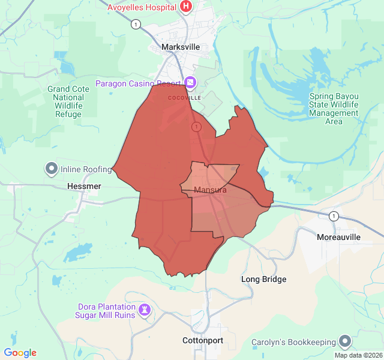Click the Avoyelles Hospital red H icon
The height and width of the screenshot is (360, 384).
(186, 7)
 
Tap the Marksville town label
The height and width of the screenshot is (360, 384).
(181, 47)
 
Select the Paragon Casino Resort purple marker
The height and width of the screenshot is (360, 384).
(190, 82)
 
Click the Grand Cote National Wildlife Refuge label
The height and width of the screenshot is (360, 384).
(68, 101)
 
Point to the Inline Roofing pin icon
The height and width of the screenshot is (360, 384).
(51, 169)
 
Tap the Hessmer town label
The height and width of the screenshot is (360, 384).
(84, 186)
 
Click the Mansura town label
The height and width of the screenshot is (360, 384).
(211, 190)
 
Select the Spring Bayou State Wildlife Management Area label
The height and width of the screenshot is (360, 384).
(334, 109)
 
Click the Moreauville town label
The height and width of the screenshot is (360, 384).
(338, 237)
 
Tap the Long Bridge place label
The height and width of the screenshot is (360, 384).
(263, 279)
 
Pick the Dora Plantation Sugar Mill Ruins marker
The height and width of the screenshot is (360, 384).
(145, 310)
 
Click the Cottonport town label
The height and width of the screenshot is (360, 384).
(203, 340)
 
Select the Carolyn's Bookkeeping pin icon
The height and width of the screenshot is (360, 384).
(345, 342)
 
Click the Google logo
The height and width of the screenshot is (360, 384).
(20, 353)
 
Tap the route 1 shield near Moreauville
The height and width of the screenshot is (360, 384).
(334, 216)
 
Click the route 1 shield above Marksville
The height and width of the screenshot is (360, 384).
(136, 24)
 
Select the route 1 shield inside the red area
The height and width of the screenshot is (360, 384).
(196, 127)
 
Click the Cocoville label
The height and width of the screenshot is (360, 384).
(184, 97)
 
